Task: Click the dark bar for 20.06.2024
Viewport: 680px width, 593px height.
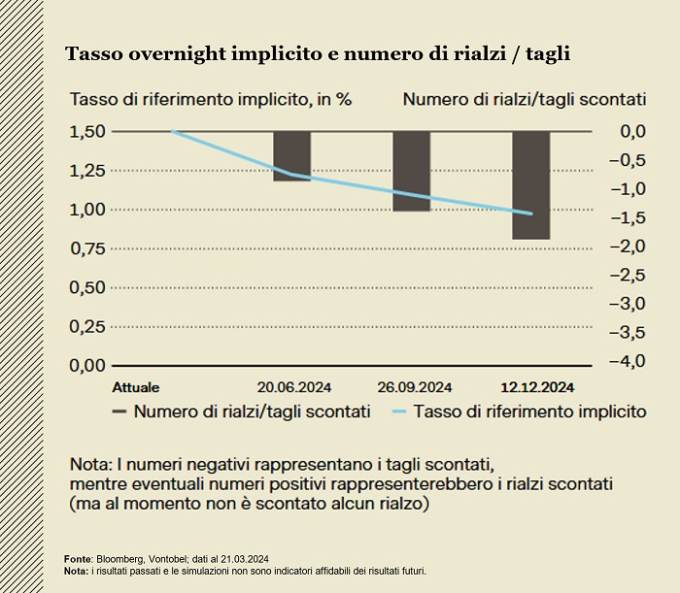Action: (291, 156)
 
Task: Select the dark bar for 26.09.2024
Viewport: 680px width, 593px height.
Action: (411, 171)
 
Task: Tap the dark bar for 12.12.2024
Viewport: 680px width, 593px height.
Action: (530, 184)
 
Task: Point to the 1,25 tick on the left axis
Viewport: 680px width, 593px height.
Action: (88, 171)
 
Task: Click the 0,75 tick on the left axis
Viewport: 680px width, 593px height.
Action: (88, 248)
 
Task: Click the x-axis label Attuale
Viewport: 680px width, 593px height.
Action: (136, 386)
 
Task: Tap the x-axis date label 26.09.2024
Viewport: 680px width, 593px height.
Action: (412, 386)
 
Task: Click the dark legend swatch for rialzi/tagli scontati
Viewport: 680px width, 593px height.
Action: (119, 412)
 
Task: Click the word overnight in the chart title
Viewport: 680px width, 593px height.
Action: (157, 54)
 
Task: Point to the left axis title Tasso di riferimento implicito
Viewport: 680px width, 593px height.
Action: (209, 99)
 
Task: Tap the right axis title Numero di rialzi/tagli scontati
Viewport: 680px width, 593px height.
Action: (525, 99)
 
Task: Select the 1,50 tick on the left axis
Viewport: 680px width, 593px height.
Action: (88, 131)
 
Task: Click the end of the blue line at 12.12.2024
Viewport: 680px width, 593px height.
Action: (530, 214)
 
